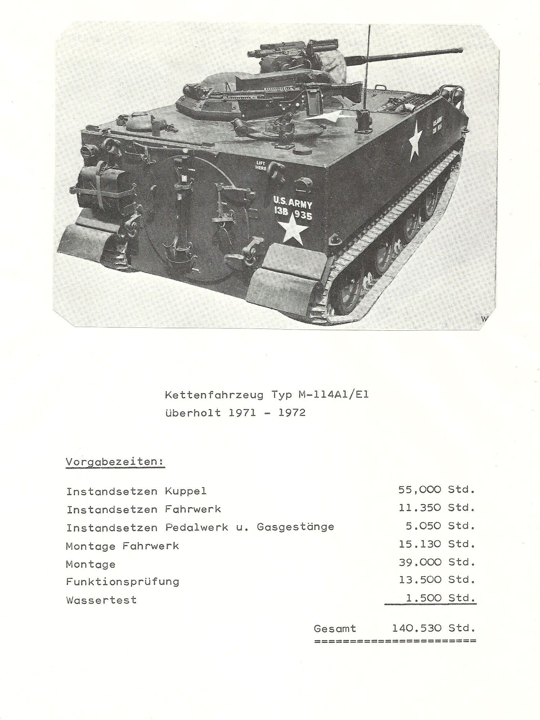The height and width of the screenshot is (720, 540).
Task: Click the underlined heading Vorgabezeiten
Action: pos(115,462)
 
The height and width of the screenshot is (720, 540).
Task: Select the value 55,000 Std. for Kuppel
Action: pos(436,490)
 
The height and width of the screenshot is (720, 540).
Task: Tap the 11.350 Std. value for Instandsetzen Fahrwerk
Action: pos(436,508)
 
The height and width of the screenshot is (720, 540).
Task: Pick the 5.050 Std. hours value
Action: pos(440,526)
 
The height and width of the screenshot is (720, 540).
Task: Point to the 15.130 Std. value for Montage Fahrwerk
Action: pos(436,544)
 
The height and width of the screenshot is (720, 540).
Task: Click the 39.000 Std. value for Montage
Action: pos(436,562)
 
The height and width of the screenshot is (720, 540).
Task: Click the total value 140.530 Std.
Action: pos(433,629)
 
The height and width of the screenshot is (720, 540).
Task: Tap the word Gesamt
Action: pos(334,629)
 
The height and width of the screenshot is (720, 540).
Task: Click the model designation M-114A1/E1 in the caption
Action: pos(334,395)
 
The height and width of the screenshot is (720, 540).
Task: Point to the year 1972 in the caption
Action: pos(292,413)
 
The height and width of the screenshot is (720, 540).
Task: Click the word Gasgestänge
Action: pos(295,527)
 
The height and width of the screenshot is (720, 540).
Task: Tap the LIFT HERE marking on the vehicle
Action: pos(261,166)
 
